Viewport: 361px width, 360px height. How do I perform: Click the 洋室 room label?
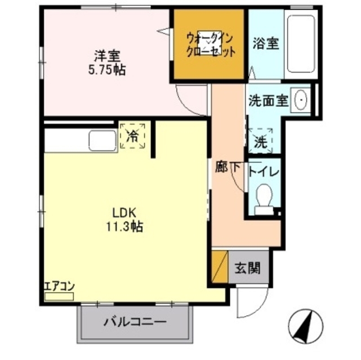click(x=106, y=56)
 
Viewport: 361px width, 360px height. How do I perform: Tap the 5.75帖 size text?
click(x=106, y=70)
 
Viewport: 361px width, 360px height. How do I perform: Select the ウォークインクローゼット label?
click(x=210, y=44)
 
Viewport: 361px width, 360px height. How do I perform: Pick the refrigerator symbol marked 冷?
click(x=133, y=136)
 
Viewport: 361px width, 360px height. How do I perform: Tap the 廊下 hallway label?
click(x=228, y=166)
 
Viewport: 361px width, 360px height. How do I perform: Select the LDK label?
click(x=126, y=213)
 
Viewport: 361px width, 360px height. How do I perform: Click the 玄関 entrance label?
click(x=247, y=268)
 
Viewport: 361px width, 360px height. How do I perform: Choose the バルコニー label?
click(x=134, y=323)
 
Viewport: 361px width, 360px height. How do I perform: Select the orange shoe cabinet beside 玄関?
click(x=220, y=267)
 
